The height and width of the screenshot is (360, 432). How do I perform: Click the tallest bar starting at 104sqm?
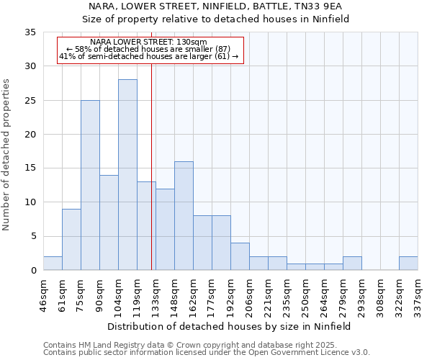point(127,175)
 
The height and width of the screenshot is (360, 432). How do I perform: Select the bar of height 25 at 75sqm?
point(90,185)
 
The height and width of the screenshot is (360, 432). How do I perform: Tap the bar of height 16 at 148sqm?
point(184,216)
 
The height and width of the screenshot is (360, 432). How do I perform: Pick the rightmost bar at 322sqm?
point(408,264)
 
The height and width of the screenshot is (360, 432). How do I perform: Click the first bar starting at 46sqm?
point(53,264)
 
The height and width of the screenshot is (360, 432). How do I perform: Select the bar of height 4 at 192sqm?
point(240,257)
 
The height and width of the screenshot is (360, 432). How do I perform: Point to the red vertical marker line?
point(151,166)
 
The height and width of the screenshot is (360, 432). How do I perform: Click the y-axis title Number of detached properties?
point(7,155)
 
